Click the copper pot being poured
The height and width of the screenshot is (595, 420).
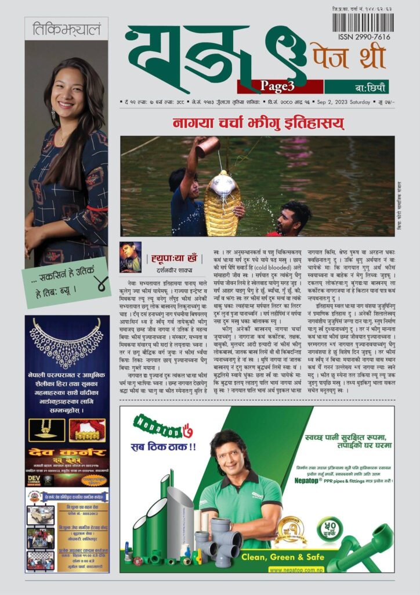click(x=207, y=147)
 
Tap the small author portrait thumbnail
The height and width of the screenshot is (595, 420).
click(x=131, y=257)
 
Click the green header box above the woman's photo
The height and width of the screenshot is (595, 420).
click(x=66, y=28)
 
